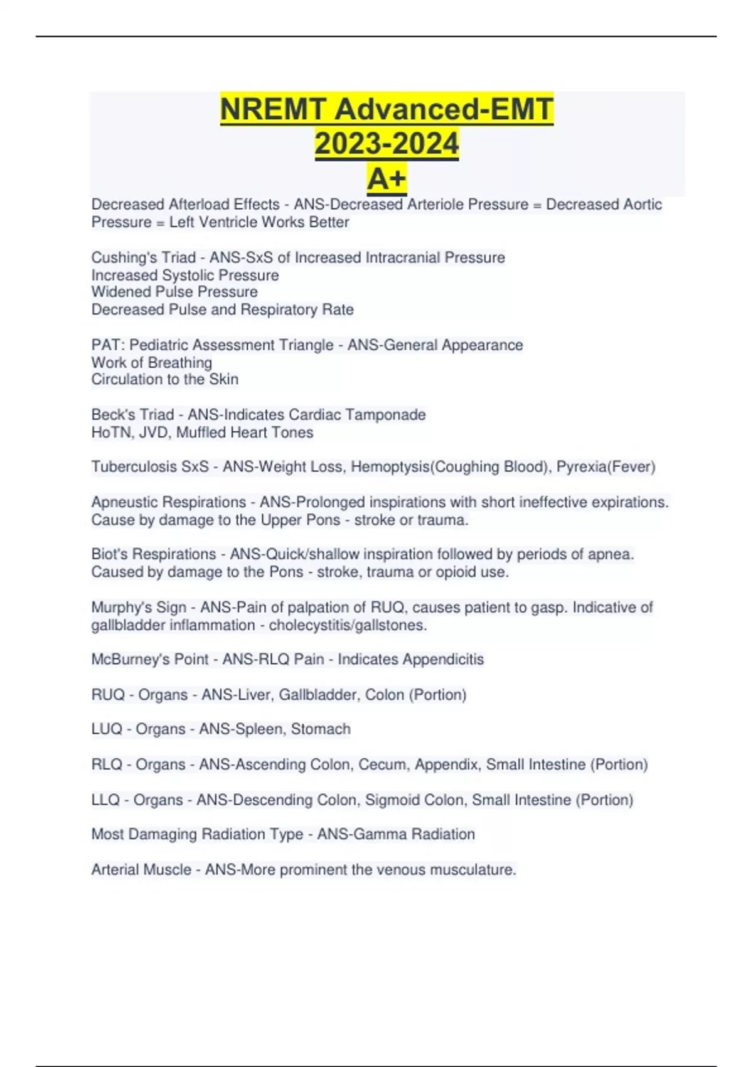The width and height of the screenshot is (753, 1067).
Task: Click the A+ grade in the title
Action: click(x=387, y=179)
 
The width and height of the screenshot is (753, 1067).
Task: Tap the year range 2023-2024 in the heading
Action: click(x=387, y=144)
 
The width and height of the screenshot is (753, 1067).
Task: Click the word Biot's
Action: click(x=109, y=554)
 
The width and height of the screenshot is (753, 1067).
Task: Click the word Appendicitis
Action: click(x=442, y=659)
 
